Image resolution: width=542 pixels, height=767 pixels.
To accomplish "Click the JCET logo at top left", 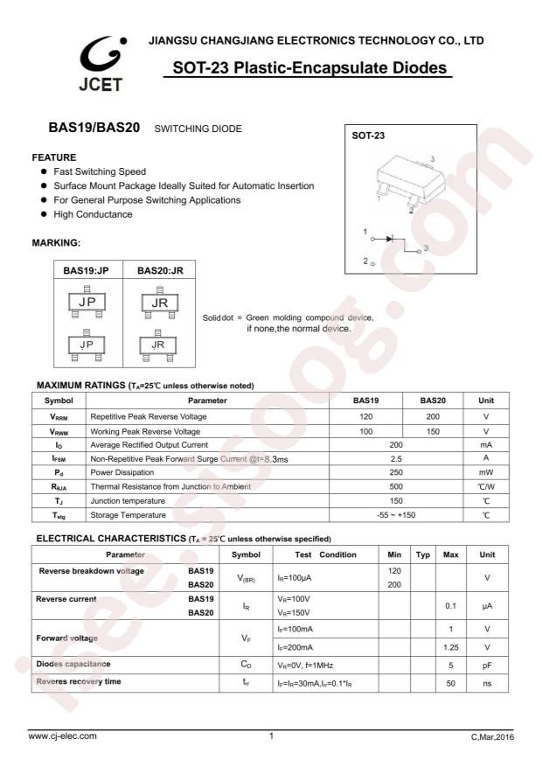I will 101,66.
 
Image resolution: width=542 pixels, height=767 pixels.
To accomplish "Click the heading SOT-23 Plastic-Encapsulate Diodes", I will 309,68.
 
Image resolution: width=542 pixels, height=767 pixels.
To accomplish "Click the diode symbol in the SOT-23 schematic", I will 390,238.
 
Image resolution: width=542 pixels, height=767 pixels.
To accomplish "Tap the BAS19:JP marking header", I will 87,271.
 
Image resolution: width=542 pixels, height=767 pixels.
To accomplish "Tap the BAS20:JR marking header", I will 160,271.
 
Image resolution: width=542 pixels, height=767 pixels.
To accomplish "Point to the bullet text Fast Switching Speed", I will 100,172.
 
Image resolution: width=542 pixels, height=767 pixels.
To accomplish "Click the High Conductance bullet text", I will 93,214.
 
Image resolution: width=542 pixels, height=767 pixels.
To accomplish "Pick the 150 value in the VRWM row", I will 432,431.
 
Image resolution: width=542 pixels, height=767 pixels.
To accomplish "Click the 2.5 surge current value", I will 396,458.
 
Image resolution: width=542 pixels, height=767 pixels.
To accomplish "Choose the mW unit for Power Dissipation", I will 486,472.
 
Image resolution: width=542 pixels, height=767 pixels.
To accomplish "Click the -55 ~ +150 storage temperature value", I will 396,515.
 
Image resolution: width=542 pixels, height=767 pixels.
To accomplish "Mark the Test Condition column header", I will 324,554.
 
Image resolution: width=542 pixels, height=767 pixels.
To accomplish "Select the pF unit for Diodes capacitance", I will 486,665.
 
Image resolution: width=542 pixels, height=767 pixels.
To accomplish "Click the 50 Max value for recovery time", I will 451,682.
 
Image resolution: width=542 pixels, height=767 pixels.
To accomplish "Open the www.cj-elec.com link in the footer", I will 63,736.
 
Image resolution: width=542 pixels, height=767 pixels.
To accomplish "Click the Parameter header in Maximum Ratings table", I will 207,401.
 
